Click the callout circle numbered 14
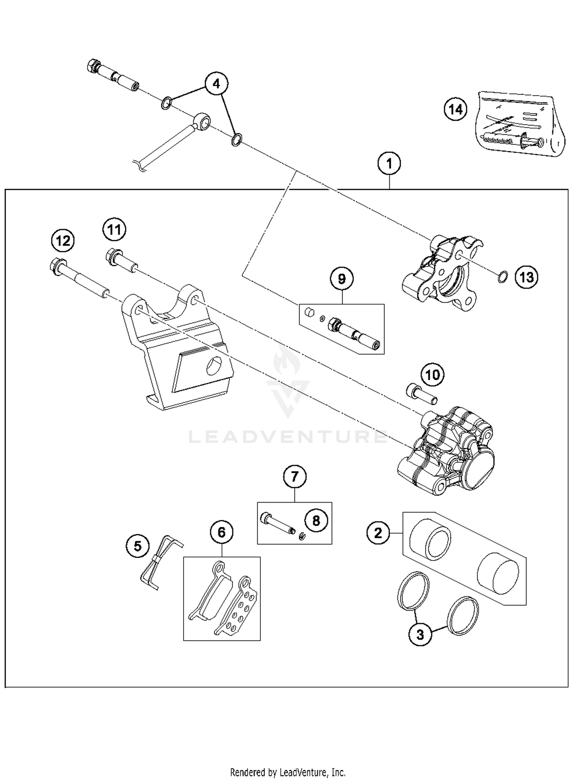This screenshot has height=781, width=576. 455,109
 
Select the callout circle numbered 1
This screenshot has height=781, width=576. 389,164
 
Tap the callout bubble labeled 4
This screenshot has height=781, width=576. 216,84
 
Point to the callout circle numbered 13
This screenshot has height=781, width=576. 526,277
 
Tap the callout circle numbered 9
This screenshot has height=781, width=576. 342,279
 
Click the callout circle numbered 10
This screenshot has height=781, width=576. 433,374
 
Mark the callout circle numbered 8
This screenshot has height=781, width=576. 316,521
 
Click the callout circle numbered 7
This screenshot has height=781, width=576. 295,477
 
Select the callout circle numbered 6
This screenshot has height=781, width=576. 222,532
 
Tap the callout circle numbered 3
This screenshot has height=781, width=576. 420,634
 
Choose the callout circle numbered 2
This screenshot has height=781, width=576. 378,533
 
